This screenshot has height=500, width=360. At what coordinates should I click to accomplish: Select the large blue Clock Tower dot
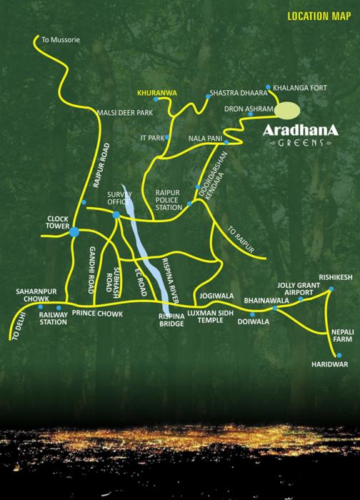pyautogui.click(x=74, y=231)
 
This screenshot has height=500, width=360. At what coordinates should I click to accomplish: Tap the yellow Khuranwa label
pyautogui.click(x=156, y=92)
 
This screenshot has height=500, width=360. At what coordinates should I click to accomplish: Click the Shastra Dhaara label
pyautogui.click(x=234, y=93)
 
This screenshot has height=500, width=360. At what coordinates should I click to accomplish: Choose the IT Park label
pyautogui.click(x=151, y=136)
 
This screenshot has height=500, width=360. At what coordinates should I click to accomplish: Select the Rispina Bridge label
pyautogui.click(x=171, y=319)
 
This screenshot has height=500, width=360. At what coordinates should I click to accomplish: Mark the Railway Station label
pyautogui.click(x=52, y=318)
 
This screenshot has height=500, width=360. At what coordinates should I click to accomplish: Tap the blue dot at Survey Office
pyautogui.click(x=116, y=214)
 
